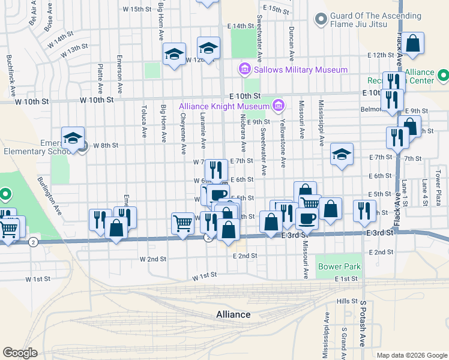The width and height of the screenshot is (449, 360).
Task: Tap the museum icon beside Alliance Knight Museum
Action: (x=277, y=106)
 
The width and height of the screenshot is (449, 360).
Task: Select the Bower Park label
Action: (x=339, y=266)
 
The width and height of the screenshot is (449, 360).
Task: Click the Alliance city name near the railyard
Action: (x=234, y=314)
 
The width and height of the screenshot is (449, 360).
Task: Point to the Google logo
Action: (x=20, y=353)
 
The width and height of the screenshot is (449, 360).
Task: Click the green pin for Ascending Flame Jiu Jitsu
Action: (x=321, y=20)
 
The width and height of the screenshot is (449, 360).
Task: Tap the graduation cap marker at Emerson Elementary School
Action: (x=73, y=139)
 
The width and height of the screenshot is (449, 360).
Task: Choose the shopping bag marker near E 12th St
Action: (x=412, y=44)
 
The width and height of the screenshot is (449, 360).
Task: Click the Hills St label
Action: (x=347, y=301)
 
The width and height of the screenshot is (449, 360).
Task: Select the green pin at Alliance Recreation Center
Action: (x=443, y=76)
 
